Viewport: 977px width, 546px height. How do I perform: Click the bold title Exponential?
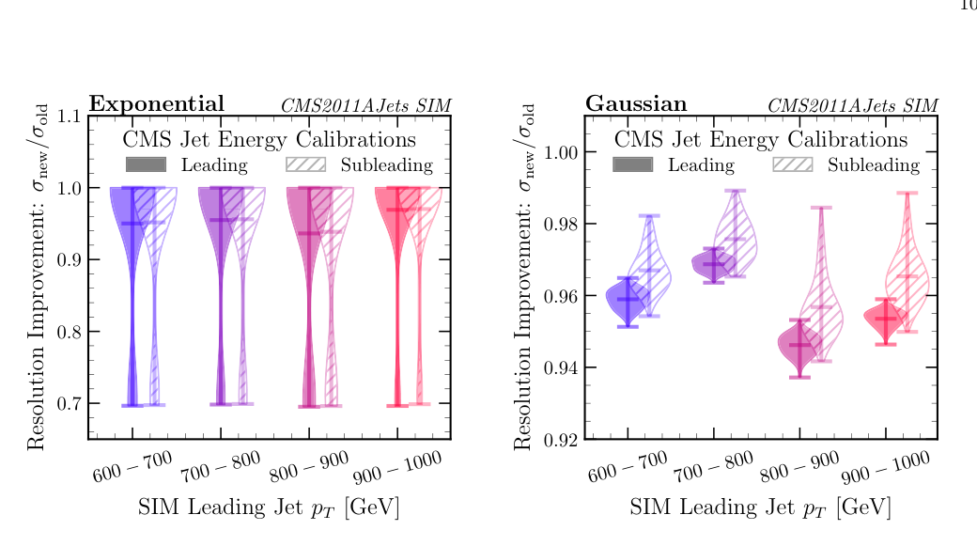pyautogui.click(x=156, y=103)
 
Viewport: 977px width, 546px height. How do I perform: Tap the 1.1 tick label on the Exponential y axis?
pyautogui.click(x=69, y=117)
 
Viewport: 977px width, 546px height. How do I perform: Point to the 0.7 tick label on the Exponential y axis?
pyautogui.click(x=69, y=404)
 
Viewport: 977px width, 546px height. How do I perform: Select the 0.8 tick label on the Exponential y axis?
pyautogui.click(x=69, y=332)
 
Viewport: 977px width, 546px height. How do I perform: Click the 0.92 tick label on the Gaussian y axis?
pyautogui.click(x=561, y=439)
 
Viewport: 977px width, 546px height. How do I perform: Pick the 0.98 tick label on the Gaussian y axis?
pyautogui.click(x=561, y=224)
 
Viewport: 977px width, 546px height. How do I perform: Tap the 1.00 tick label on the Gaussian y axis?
pyautogui.click(x=561, y=152)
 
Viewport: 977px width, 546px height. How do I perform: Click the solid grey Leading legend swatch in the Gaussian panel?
pyautogui.click(x=633, y=165)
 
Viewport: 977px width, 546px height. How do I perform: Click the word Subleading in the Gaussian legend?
pyautogui.click(x=873, y=165)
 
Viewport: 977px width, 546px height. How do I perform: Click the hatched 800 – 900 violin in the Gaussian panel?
pyautogui.click(x=821, y=310)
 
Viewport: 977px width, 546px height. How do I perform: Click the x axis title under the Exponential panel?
pyautogui.click(x=269, y=507)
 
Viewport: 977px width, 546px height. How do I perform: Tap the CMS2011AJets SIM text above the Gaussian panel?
pyautogui.click(x=852, y=105)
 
